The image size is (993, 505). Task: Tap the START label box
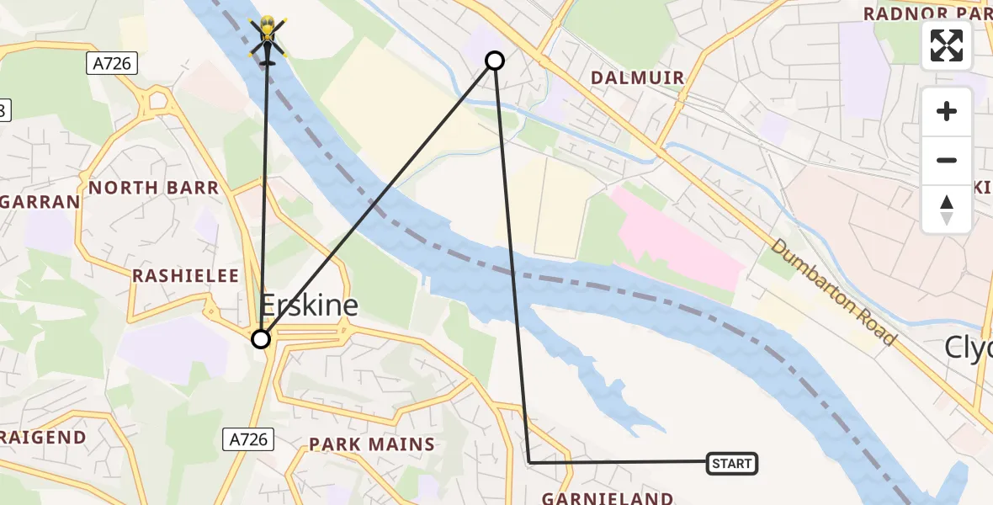point(731,463)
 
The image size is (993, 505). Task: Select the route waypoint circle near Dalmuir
point(495,61)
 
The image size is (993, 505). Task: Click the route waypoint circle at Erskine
point(261,338)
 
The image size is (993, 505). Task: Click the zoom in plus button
point(947,112)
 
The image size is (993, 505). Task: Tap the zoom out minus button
point(947,160)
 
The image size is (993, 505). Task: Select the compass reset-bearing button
point(947,209)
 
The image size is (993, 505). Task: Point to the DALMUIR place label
point(637,78)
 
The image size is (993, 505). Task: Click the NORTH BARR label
point(154,188)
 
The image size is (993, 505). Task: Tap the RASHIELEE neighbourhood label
point(186,276)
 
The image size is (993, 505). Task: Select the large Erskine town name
point(309,305)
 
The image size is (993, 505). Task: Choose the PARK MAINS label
point(371,444)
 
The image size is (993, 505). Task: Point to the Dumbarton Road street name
point(832,291)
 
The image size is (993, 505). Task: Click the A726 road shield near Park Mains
point(249,439)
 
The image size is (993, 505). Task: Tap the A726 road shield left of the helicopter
point(111,63)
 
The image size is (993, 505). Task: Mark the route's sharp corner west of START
point(529,462)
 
